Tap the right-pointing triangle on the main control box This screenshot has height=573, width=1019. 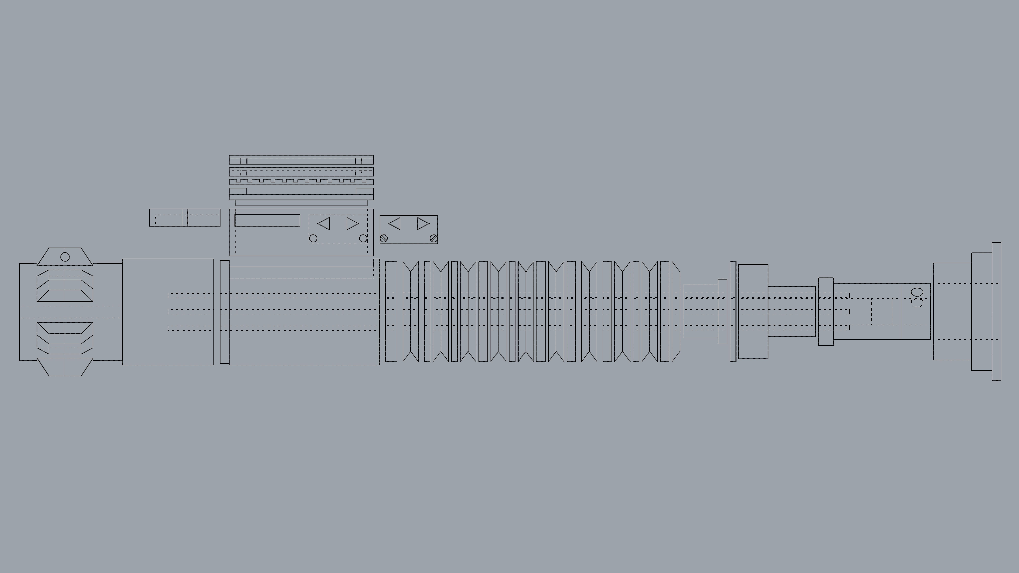click(x=352, y=223)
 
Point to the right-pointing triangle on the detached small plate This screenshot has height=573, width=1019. click(x=423, y=223)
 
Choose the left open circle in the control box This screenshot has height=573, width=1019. click(x=313, y=238)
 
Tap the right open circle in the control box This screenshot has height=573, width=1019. click(x=363, y=238)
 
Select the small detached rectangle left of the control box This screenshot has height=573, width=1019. click(x=185, y=217)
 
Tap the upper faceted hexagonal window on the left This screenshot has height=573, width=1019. click(x=65, y=285)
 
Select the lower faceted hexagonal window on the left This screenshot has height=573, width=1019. click(x=65, y=338)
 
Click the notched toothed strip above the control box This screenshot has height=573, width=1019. click(x=301, y=182)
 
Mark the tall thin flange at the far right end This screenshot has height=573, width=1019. click(x=996, y=311)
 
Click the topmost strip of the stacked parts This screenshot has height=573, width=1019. click(x=301, y=160)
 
